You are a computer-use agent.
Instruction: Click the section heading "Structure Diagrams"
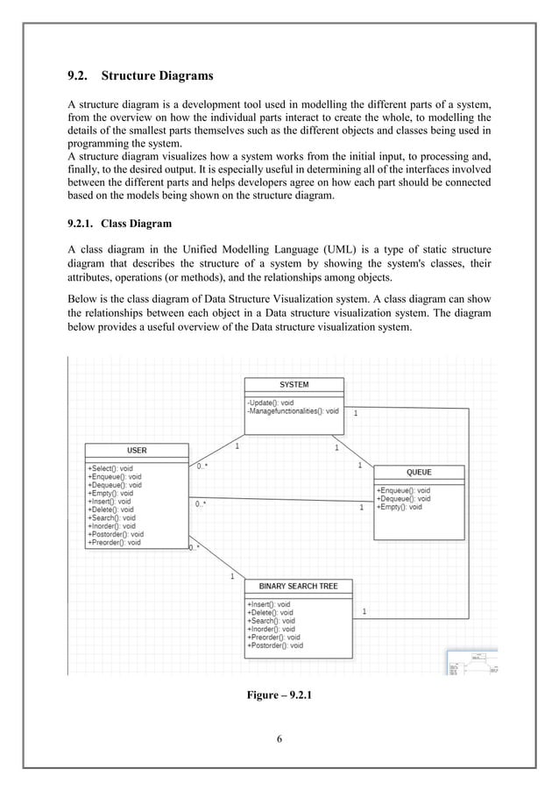(157, 75)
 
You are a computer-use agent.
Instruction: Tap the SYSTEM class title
(294, 384)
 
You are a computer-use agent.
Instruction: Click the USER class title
(137, 450)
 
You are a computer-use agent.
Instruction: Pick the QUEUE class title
(419, 472)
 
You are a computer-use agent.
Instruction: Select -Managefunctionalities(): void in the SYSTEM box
(293, 410)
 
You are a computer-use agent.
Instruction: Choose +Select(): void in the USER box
(110, 468)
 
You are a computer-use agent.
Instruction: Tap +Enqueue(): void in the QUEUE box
(403, 490)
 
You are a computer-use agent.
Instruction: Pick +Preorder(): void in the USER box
(114, 542)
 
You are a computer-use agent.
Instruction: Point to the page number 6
(279, 738)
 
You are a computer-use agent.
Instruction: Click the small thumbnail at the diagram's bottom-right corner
(472, 662)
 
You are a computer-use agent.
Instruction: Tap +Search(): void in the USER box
(111, 517)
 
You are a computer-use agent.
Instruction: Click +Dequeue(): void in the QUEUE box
(403, 498)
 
